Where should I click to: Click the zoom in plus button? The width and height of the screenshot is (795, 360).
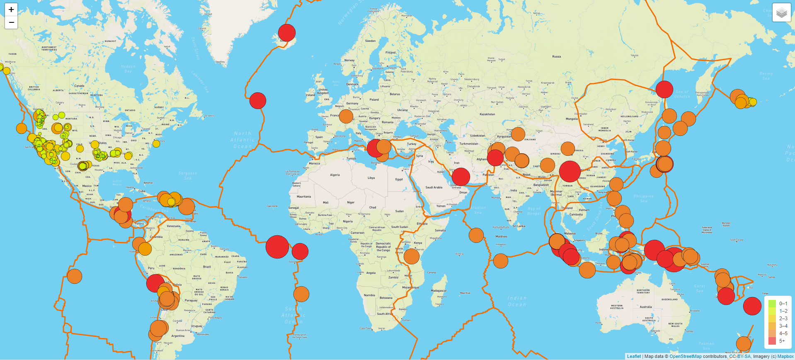11,10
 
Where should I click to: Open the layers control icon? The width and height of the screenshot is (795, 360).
781,13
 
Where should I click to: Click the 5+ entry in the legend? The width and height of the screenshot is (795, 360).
782,341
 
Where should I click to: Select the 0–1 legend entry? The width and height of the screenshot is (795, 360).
783,304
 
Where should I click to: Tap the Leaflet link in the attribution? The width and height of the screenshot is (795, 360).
633,356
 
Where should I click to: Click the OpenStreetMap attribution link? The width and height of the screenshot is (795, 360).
685,356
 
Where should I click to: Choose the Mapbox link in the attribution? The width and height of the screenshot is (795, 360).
785,356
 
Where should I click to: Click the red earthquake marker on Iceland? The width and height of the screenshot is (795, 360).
287,33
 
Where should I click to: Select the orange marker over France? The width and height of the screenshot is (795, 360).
346,116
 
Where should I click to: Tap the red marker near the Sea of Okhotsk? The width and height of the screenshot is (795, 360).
664,89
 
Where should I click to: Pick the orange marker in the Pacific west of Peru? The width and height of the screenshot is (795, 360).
74,276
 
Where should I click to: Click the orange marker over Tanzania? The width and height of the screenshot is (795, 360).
411,256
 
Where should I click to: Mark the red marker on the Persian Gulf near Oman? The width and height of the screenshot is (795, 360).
461,177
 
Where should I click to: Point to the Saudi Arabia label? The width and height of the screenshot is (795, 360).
434,187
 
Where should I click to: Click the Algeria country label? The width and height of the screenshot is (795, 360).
335,175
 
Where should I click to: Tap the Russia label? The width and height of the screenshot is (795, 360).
556,57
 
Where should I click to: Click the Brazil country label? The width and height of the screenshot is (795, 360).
207,267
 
